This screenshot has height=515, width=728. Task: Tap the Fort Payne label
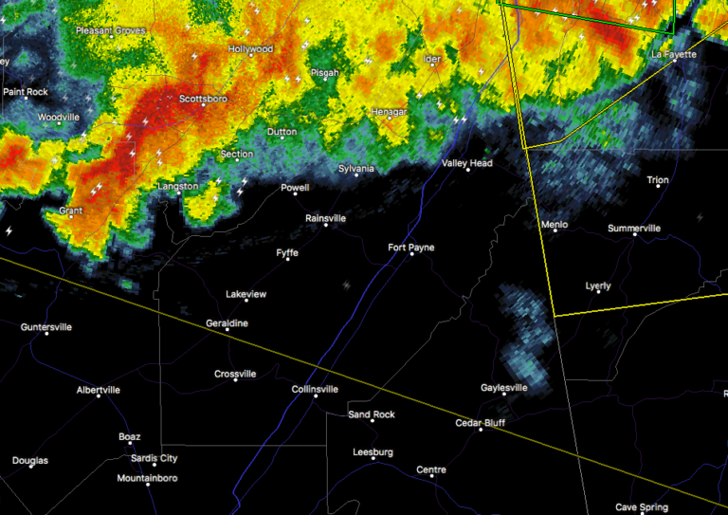tap(411, 248)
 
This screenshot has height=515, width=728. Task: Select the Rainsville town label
tap(325, 218)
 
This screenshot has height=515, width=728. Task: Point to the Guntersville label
tap(46, 327)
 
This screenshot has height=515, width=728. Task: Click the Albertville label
tap(99, 390)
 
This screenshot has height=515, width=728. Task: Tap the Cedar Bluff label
tap(481, 423)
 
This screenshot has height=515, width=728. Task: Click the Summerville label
tap(634, 229)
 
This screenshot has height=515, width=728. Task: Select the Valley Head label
tap(467, 163)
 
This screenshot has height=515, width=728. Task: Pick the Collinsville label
tap(316, 389)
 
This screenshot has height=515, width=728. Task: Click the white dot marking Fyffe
tap(287, 259)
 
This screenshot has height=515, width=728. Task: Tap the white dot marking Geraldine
tap(227, 331)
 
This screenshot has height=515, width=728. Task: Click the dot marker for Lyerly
tap(598, 292)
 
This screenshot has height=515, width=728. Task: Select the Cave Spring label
tap(642, 507)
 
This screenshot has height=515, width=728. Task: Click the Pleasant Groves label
tap(111, 31)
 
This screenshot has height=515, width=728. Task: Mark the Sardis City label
tap(154, 458)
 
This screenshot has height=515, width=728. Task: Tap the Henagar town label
tap(388, 111)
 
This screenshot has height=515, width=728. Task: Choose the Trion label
tap(657, 180)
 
